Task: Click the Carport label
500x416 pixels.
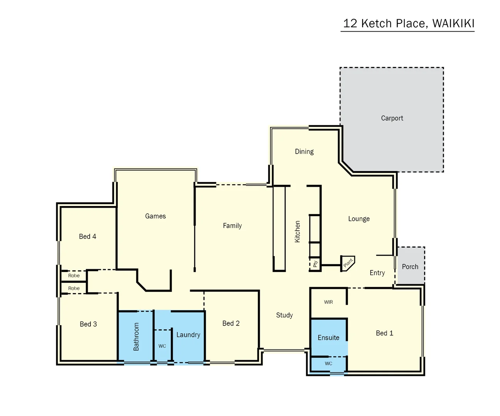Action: click(x=392, y=118)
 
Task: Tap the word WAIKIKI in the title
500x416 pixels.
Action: click(x=453, y=23)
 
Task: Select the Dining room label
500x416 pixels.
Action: click(x=304, y=152)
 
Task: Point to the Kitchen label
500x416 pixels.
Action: click(x=297, y=231)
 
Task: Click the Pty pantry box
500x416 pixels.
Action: click(x=315, y=264)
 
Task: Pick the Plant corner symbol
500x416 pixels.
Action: click(x=348, y=263)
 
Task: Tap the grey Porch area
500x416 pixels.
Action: click(x=410, y=267)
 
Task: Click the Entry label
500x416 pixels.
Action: click(x=377, y=273)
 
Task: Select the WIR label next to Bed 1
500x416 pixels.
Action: click(x=328, y=302)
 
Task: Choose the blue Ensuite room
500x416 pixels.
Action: click(x=328, y=338)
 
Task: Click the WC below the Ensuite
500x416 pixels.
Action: click(x=328, y=364)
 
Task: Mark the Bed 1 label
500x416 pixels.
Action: click(x=385, y=333)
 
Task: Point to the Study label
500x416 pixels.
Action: click(x=284, y=315)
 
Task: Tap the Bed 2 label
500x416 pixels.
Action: click(x=231, y=324)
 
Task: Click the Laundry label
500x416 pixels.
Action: click(x=188, y=335)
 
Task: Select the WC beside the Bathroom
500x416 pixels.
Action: click(x=162, y=346)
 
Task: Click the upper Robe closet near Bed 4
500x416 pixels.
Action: click(x=74, y=276)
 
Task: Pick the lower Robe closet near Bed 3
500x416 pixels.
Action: click(x=74, y=289)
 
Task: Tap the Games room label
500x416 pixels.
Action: click(x=156, y=216)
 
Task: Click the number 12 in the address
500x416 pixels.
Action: click(x=350, y=23)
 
